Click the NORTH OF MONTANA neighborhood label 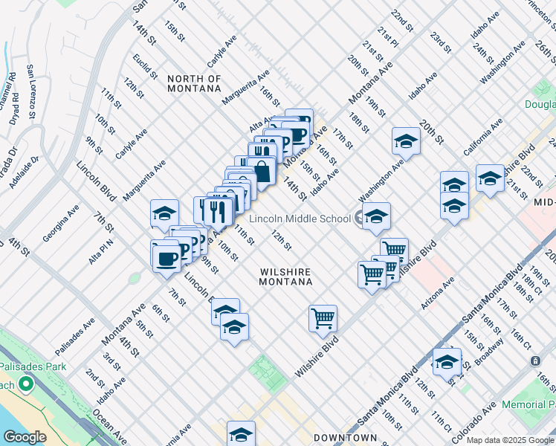pos(194,83)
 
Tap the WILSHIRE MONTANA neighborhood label pos(285,277)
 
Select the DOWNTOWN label pos(345,438)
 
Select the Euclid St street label pos(145,65)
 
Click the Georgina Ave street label pos(60,224)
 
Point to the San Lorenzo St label pos(31,92)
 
